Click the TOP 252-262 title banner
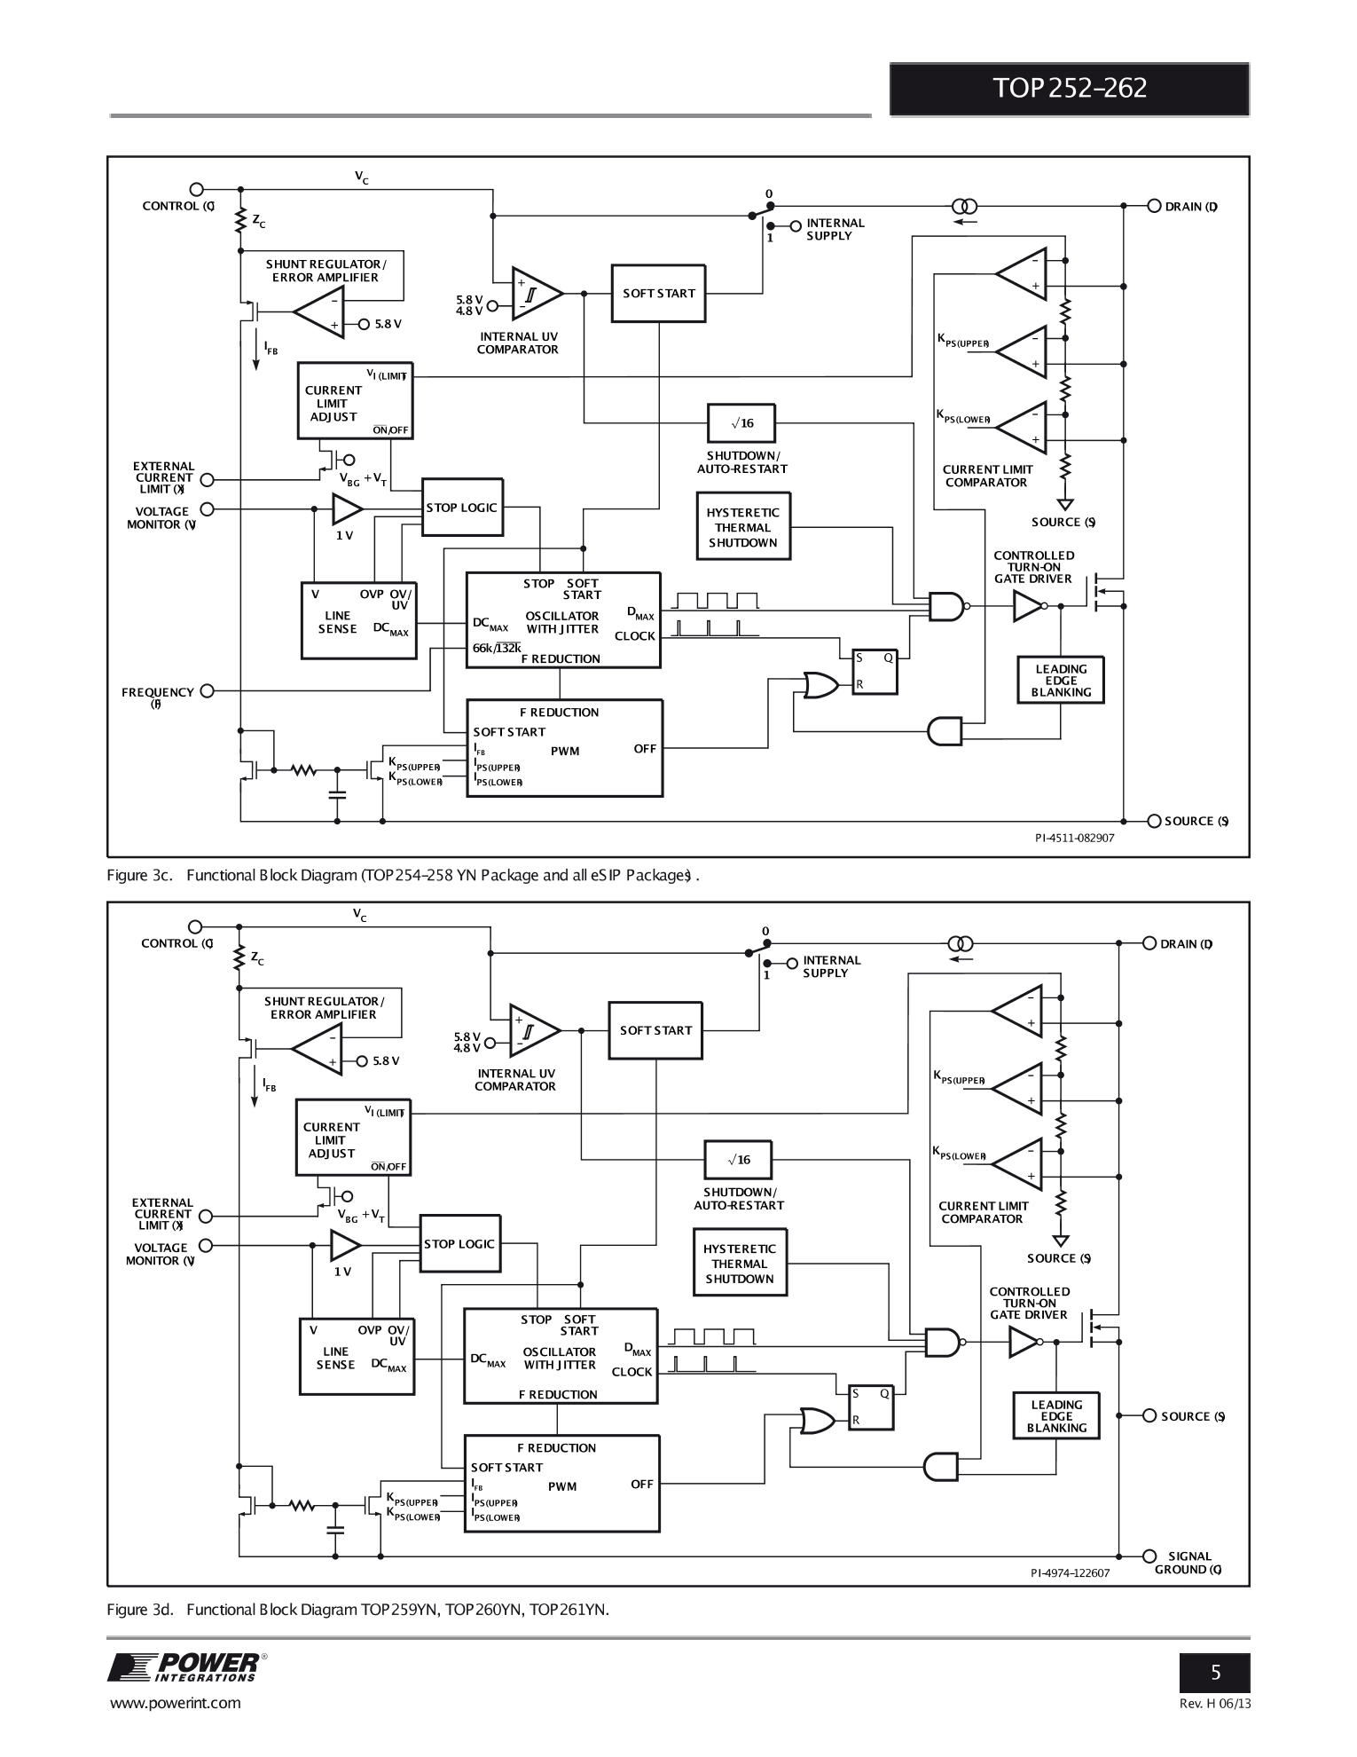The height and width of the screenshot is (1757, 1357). [1069, 89]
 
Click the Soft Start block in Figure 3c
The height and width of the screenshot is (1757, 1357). [658, 294]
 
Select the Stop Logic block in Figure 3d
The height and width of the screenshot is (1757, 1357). [459, 1244]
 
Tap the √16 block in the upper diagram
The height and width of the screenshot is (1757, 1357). [742, 423]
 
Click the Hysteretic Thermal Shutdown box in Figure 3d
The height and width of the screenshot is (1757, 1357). [739, 1264]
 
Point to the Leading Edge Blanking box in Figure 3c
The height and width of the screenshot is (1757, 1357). [1060, 681]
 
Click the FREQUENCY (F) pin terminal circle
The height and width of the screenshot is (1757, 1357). [208, 691]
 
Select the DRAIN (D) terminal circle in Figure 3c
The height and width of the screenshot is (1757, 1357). [1154, 206]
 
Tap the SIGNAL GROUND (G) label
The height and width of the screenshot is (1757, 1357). [1188, 1563]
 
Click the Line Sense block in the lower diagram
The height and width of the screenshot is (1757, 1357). [357, 1358]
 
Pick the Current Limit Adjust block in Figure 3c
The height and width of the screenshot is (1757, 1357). [355, 400]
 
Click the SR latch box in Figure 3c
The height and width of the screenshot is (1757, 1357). [874, 671]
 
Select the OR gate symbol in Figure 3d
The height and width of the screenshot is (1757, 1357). [817, 1421]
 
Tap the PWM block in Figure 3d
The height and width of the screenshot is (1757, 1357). [561, 1486]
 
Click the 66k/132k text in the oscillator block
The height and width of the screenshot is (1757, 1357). [496, 648]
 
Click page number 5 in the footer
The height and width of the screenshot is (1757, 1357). [1214, 1674]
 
